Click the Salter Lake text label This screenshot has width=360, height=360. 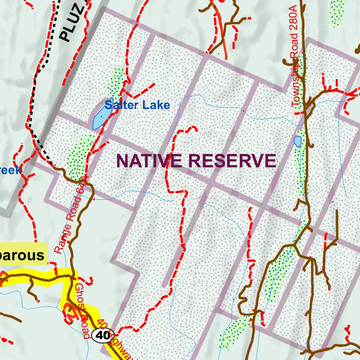[x=137, y=105]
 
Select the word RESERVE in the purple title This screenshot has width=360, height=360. [x=232, y=161]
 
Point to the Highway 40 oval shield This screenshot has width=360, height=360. [x=103, y=335]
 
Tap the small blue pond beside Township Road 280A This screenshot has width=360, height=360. [x=298, y=141]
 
